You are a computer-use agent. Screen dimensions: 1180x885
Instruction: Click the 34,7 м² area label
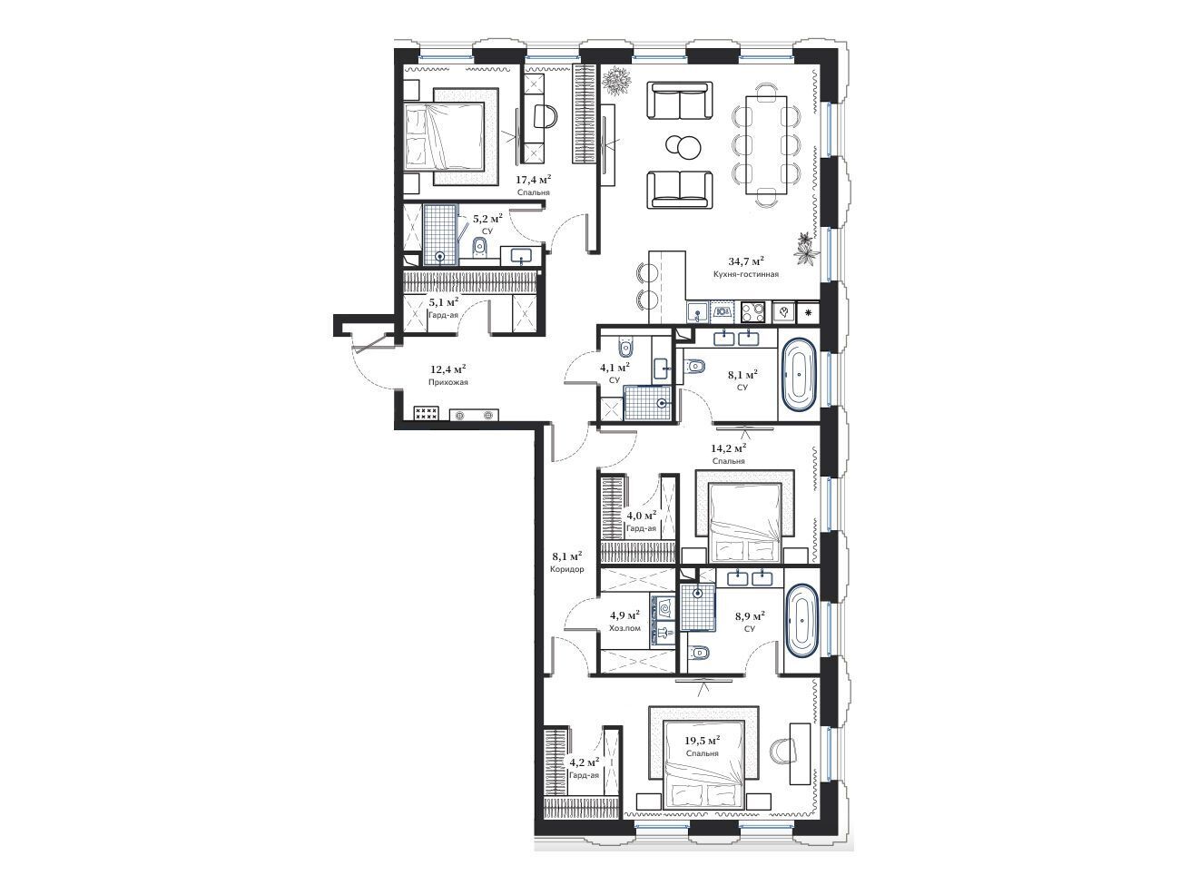pyautogui.click(x=745, y=261)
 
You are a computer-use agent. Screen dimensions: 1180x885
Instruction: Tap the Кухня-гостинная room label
pyautogui.click(x=745, y=275)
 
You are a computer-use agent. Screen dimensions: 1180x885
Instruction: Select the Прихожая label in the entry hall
pyautogui.click(x=447, y=382)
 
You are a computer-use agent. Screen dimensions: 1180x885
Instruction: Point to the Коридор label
pyautogui.click(x=566, y=569)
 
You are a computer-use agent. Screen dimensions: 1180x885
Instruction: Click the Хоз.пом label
pyautogui.click(x=624, y=628)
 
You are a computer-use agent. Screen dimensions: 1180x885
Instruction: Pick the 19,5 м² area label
pyautogui.click(x=702, y=741)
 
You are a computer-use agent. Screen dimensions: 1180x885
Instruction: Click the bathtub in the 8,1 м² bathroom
pyautogui.click(x=798, y=375)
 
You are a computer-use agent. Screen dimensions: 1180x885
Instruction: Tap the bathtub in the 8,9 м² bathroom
pyautogui.click(x=802, y=621)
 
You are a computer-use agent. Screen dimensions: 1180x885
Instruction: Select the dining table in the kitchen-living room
pyautogui.click(x=766, y=144)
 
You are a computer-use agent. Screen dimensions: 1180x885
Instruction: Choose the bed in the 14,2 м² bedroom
pyautogui.click(x=744, y=521)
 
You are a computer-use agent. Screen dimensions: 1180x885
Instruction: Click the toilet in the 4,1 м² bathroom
pyautogui.click(x=625, y=349)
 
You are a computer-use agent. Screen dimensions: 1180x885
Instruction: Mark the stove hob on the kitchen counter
pyautogui.click(x=752, y=312)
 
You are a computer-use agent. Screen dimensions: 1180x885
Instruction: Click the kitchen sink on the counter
pyautogui.click(x=698, y=312)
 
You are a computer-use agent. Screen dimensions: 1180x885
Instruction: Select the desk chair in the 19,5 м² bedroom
pyautogui.click(x=782, y=750)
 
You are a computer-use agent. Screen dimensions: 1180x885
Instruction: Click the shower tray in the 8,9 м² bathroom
pyautogui.click(x=698, y=607)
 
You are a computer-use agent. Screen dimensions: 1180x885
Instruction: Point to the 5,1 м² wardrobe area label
pyautogui.click(x=444, y=302)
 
